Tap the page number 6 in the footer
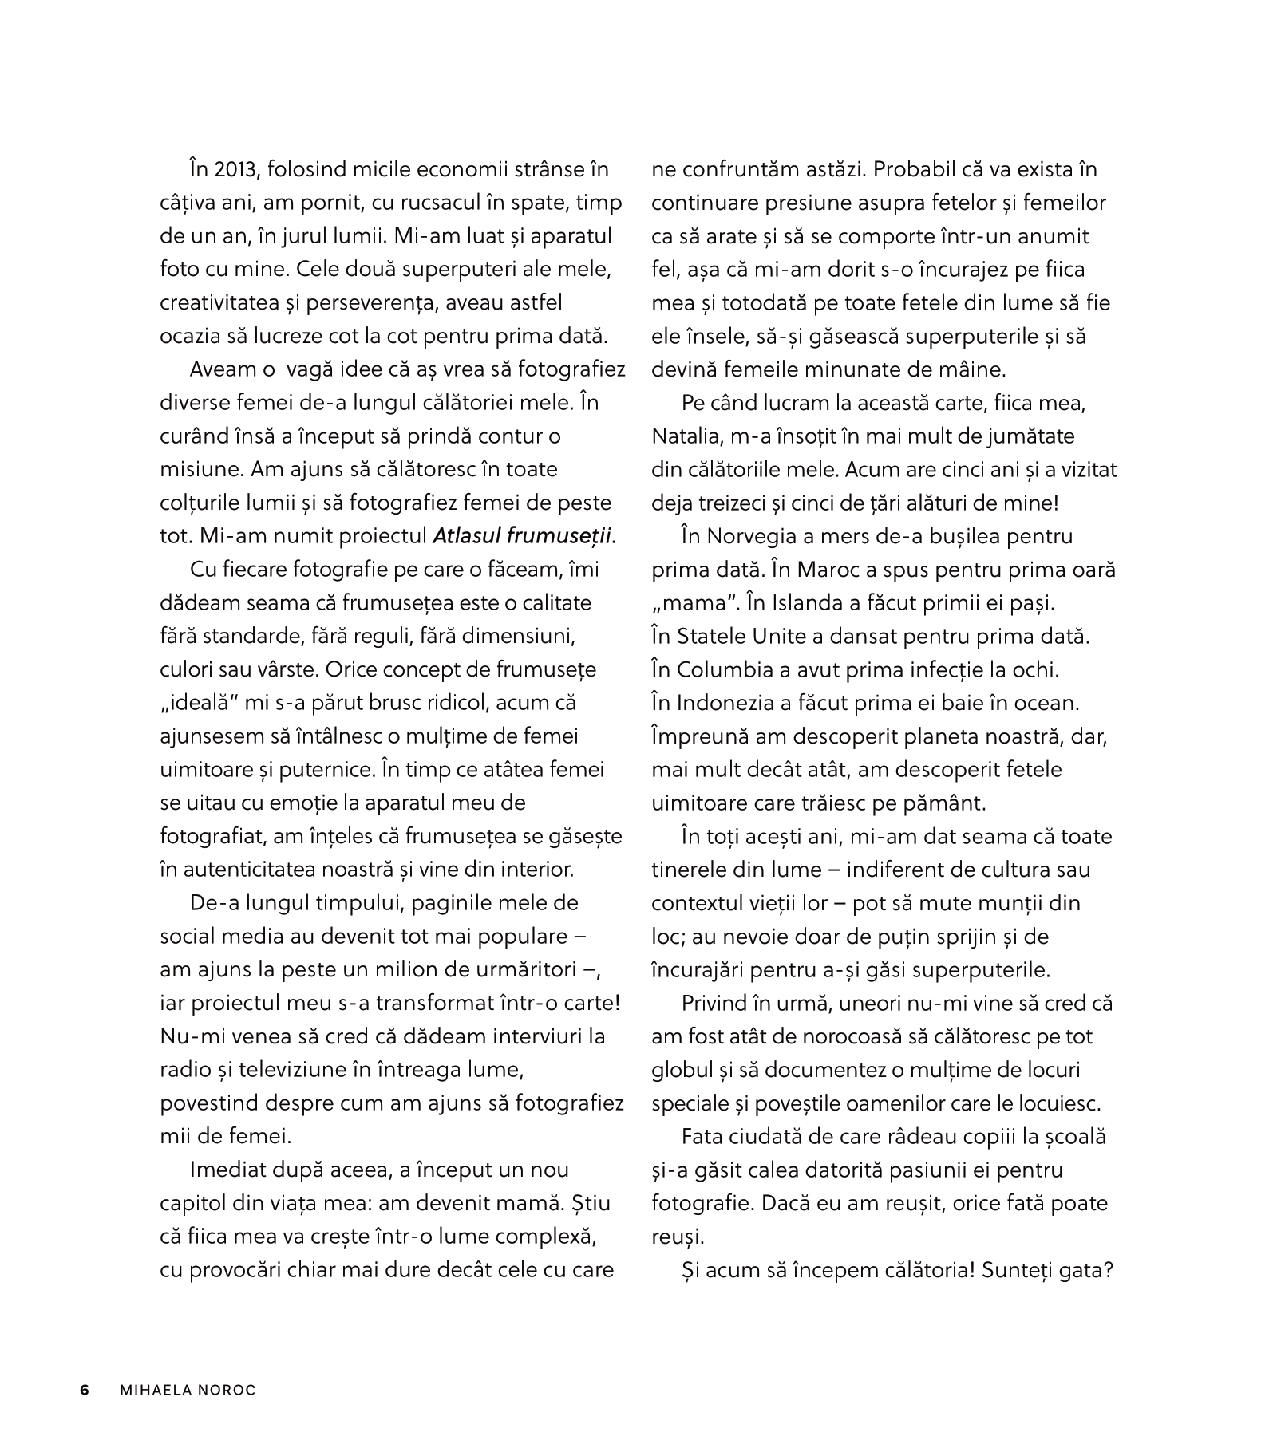(85, 1391)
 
